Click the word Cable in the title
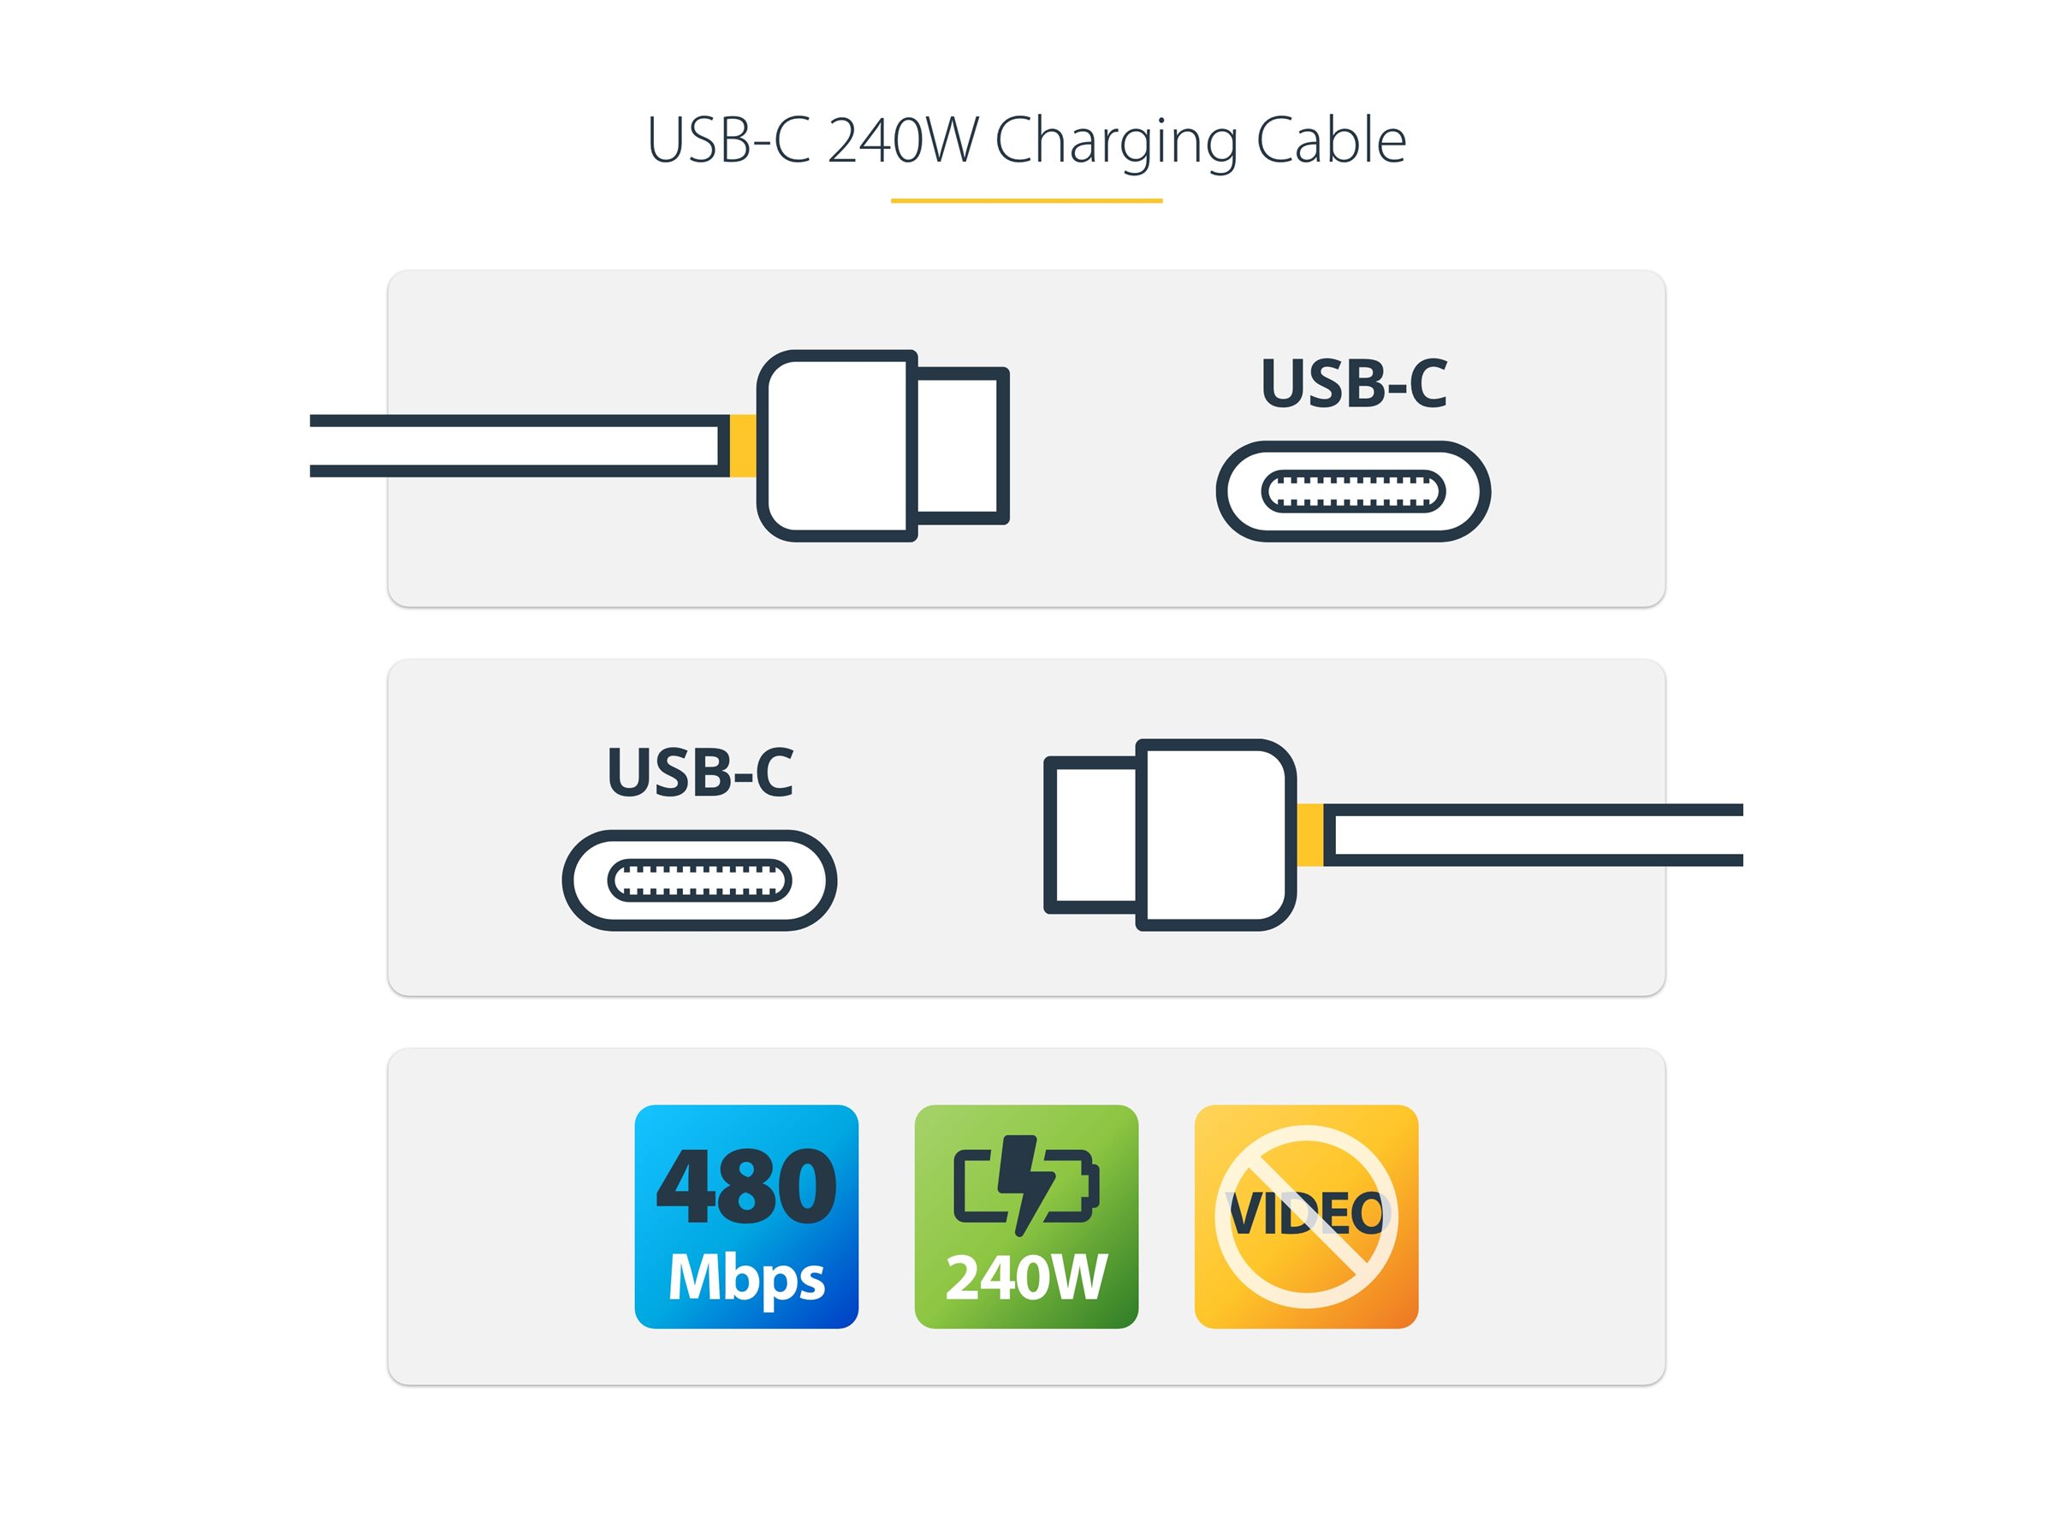[x=1330, y=141]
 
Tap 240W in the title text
[x=902, y=141]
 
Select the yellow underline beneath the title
[x=1026, y=200]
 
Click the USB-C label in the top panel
[x=1353, y=383]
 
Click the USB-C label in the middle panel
[x=699, y=773]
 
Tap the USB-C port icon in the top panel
[x=1353, y=491]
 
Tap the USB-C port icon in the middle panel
[x=699, y=880]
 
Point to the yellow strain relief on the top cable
[x=742, y=446]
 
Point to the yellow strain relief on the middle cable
[x=1310, y=834]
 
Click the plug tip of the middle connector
[x=1094, y=834]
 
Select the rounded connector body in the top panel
[x=835, y=446]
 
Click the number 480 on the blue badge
[x=745, y=1187]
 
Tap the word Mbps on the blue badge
[x=745, y=1277]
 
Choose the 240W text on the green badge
[x=1026, y=1277]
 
